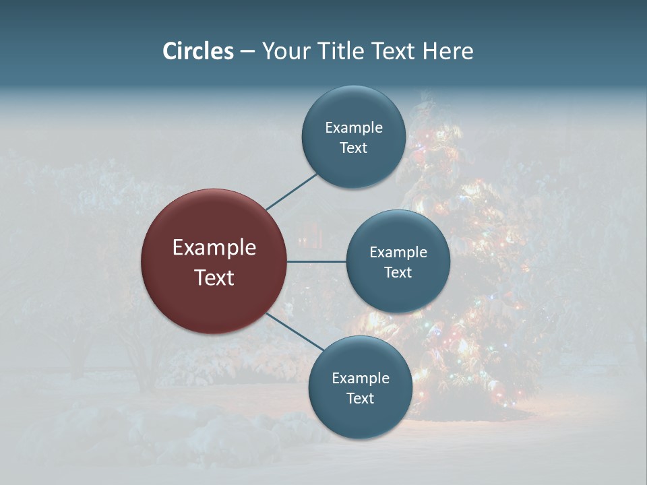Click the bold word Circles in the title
[198, 51]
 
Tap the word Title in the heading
[340, 51]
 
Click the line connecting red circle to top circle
[292, 191]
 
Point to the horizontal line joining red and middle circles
[316, 261]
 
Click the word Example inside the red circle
[214, 248]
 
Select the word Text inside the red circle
[214, 278]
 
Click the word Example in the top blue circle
[353, 128]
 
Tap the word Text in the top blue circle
[353, 148]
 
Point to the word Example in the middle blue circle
[398, 253]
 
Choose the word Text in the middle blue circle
[398, 273]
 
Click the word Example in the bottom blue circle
[360, 379]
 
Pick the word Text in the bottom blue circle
[360, 399]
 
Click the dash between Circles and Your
[247, 51]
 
